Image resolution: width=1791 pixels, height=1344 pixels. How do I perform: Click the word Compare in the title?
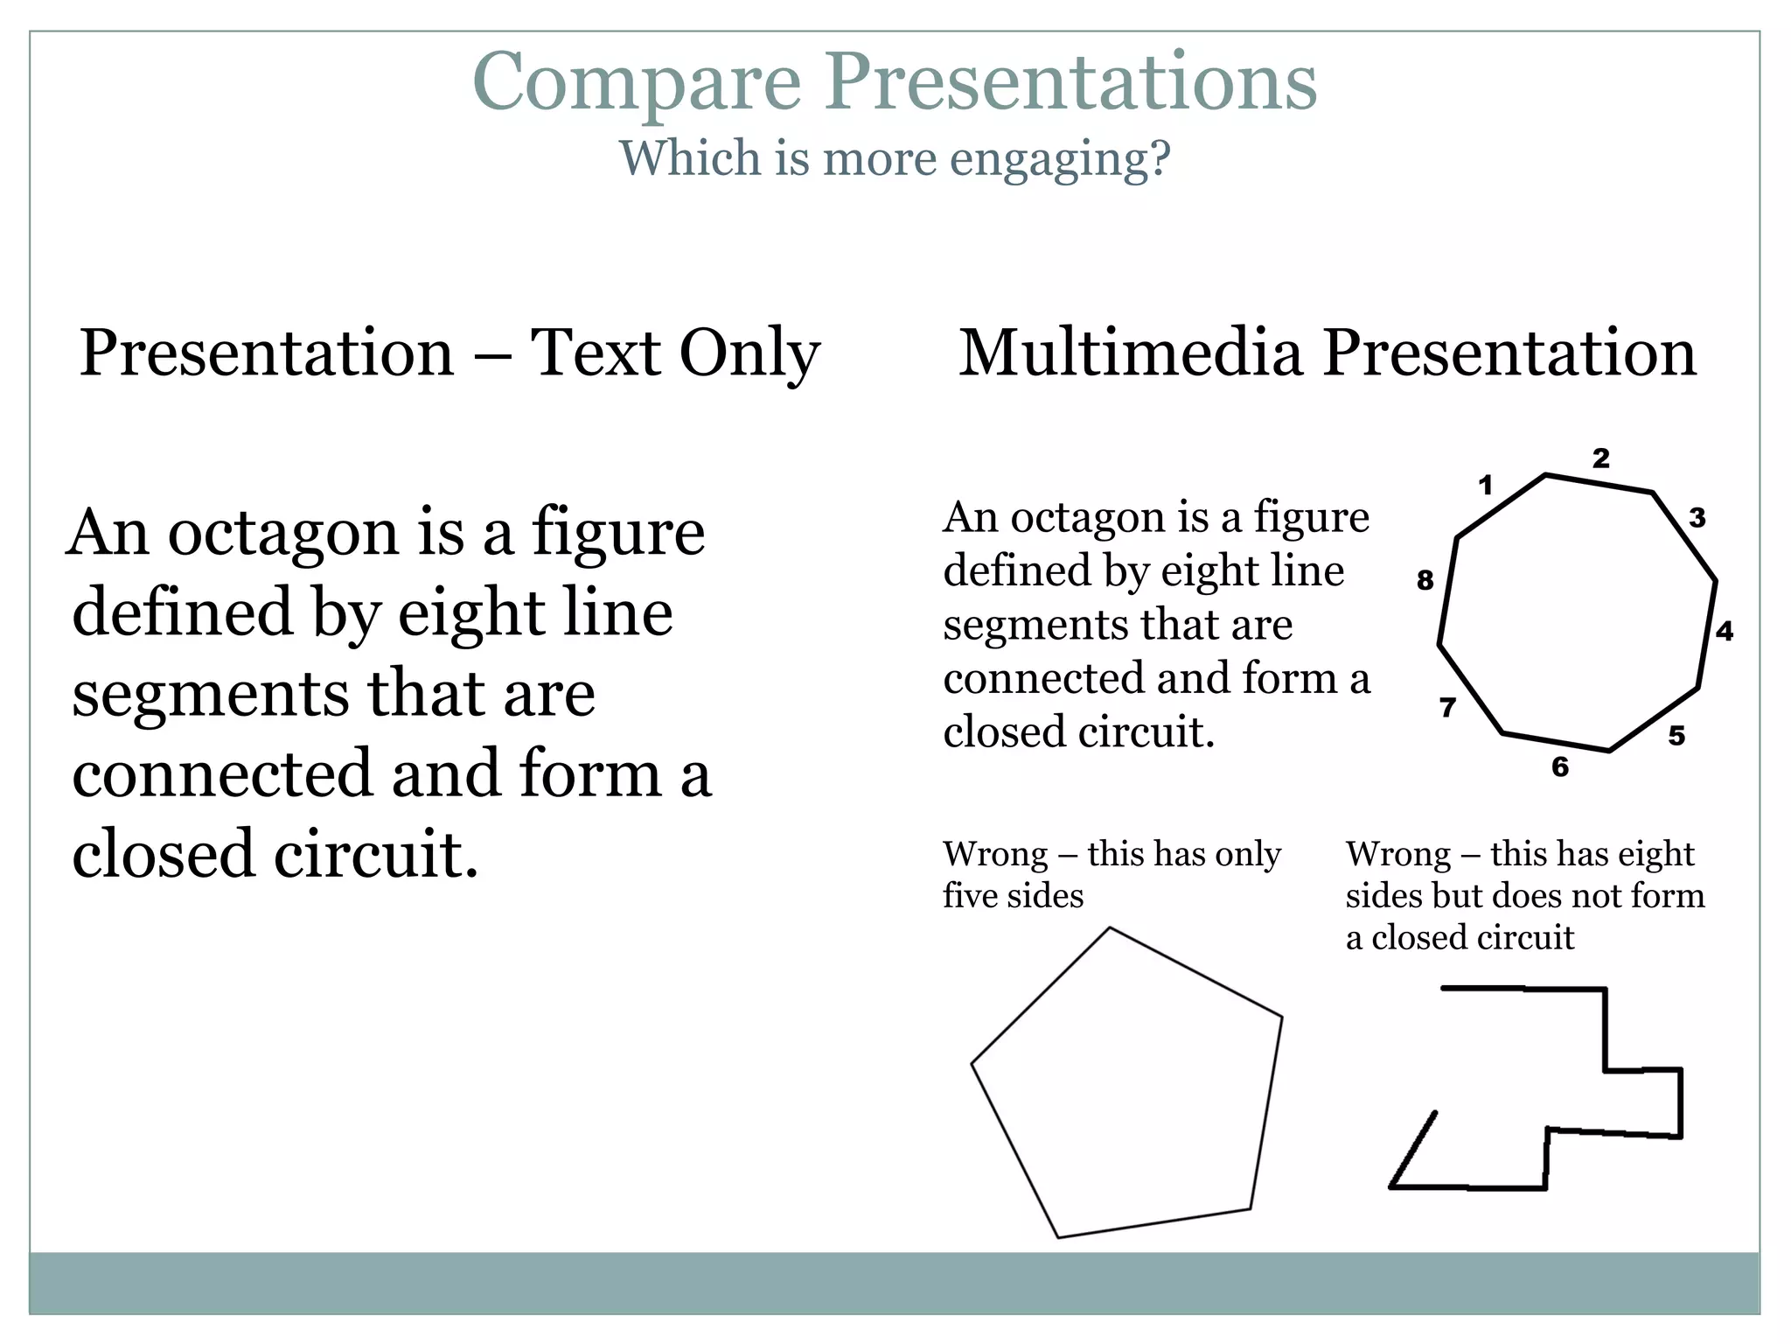pos(637,83)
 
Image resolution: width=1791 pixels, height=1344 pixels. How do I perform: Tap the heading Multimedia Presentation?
pos(1328,353)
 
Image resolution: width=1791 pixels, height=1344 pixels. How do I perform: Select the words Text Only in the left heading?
pos(675,353)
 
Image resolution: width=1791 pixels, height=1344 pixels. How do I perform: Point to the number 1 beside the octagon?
pos(1485,485)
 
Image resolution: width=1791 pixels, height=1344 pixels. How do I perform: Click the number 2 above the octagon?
pos(1600,458)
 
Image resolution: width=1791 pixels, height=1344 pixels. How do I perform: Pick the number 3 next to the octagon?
pos(1697,518)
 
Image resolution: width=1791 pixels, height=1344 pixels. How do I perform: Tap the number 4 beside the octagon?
pos(1725,631)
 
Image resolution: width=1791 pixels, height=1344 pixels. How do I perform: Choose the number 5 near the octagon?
pos(1676,736)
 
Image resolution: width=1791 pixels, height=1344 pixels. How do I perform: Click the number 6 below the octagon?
pos(1560,767)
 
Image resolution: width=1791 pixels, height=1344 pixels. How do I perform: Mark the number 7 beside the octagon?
pos(1448,707)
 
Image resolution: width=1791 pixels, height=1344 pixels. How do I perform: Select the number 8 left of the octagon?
pos(1425,580)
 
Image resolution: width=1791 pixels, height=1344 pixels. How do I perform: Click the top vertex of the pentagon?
pos(1110,927)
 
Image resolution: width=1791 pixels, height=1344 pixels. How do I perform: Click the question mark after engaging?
pos(1160,160)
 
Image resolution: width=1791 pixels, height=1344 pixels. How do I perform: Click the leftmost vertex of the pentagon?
pos(972,1064)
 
